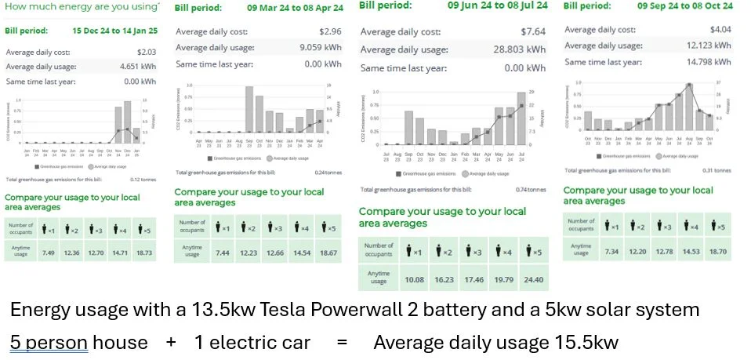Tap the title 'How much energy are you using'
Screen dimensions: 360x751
point(82,7)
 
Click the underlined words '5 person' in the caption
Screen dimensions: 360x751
point(49,342)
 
